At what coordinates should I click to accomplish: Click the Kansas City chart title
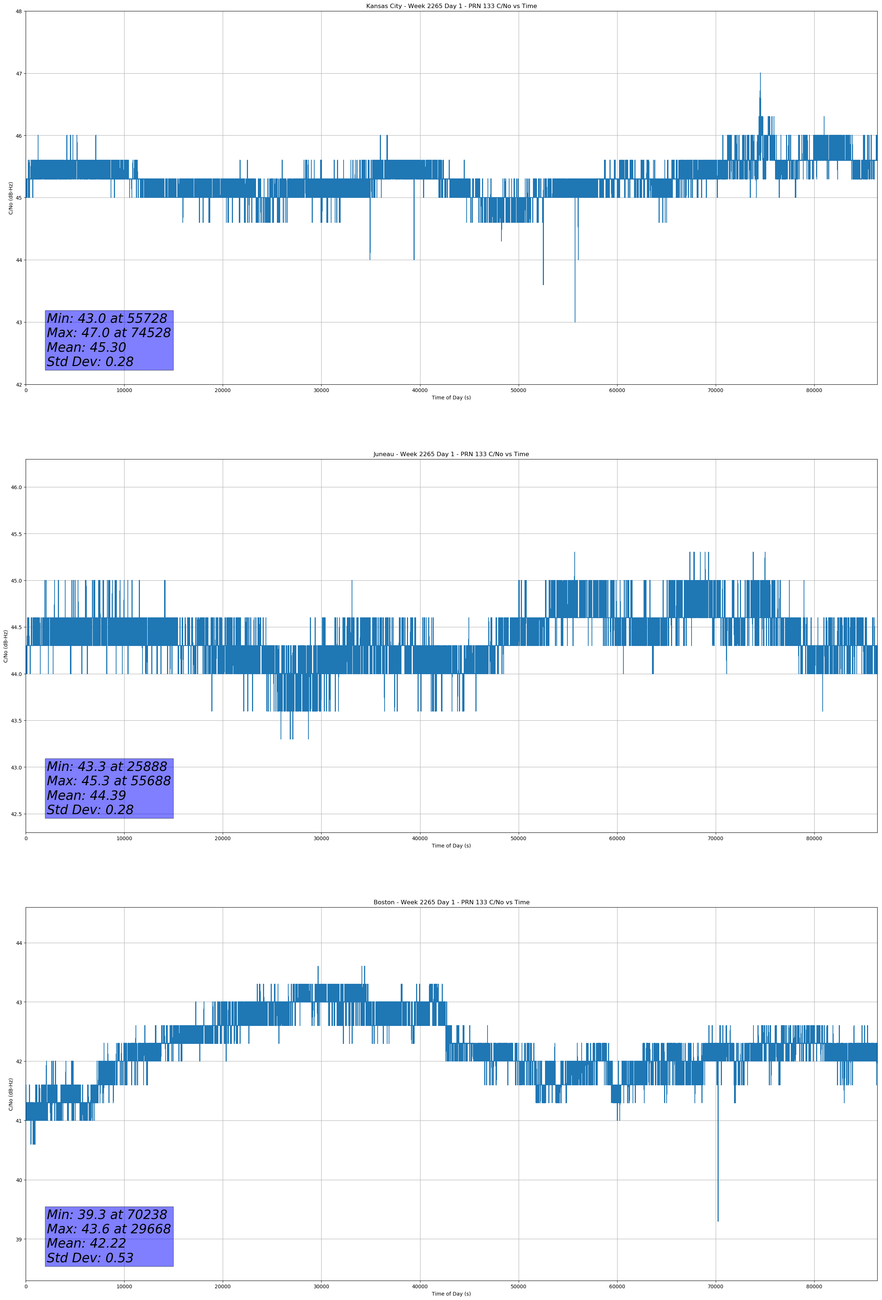pos(451,6)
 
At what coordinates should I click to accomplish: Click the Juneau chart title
pos(451,454)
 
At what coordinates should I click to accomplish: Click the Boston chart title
pos(451,902)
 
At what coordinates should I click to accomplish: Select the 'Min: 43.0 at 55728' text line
pos(107,318)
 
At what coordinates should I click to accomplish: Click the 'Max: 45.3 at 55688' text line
pos(108,781)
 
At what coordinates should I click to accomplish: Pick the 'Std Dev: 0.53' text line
pos(90,1258)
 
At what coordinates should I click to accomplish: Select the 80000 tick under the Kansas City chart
pos(814,391)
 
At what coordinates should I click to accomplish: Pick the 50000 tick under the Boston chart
pos(518,1286)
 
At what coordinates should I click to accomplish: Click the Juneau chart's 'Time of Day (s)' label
pos(451,846)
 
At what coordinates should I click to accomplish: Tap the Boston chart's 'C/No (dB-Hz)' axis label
pos(11,1095)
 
